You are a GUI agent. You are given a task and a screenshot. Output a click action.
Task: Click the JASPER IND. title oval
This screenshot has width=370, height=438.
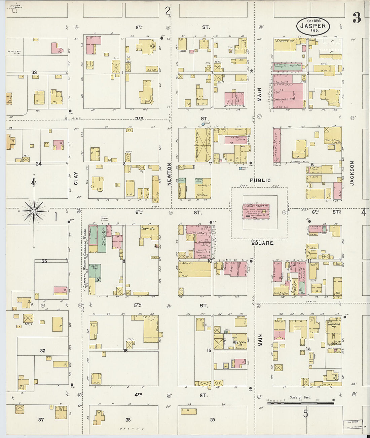point(313,26)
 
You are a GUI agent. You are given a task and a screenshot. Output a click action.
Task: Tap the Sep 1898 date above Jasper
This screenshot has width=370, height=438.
point(313,20)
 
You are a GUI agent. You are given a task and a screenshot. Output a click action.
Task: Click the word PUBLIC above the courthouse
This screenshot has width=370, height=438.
point(260,181)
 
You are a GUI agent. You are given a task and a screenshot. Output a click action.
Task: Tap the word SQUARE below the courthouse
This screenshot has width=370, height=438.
point(262,243)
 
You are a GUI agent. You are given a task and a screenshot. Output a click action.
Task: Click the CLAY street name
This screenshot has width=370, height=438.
point(76,178)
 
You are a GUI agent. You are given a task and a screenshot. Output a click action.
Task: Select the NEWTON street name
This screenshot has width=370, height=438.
point(170,174)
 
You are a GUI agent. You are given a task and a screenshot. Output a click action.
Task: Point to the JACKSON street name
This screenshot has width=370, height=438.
point(352,173)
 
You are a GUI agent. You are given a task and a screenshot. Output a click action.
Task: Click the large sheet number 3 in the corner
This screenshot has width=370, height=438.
point(357,18)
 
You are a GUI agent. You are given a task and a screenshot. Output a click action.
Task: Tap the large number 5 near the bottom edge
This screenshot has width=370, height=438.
point(305,413)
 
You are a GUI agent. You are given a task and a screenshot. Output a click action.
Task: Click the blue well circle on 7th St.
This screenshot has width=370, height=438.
point(203,124)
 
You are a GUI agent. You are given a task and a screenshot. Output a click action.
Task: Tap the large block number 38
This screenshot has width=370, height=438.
point(128,420)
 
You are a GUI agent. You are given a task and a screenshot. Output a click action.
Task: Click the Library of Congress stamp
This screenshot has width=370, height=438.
point(353,425)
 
